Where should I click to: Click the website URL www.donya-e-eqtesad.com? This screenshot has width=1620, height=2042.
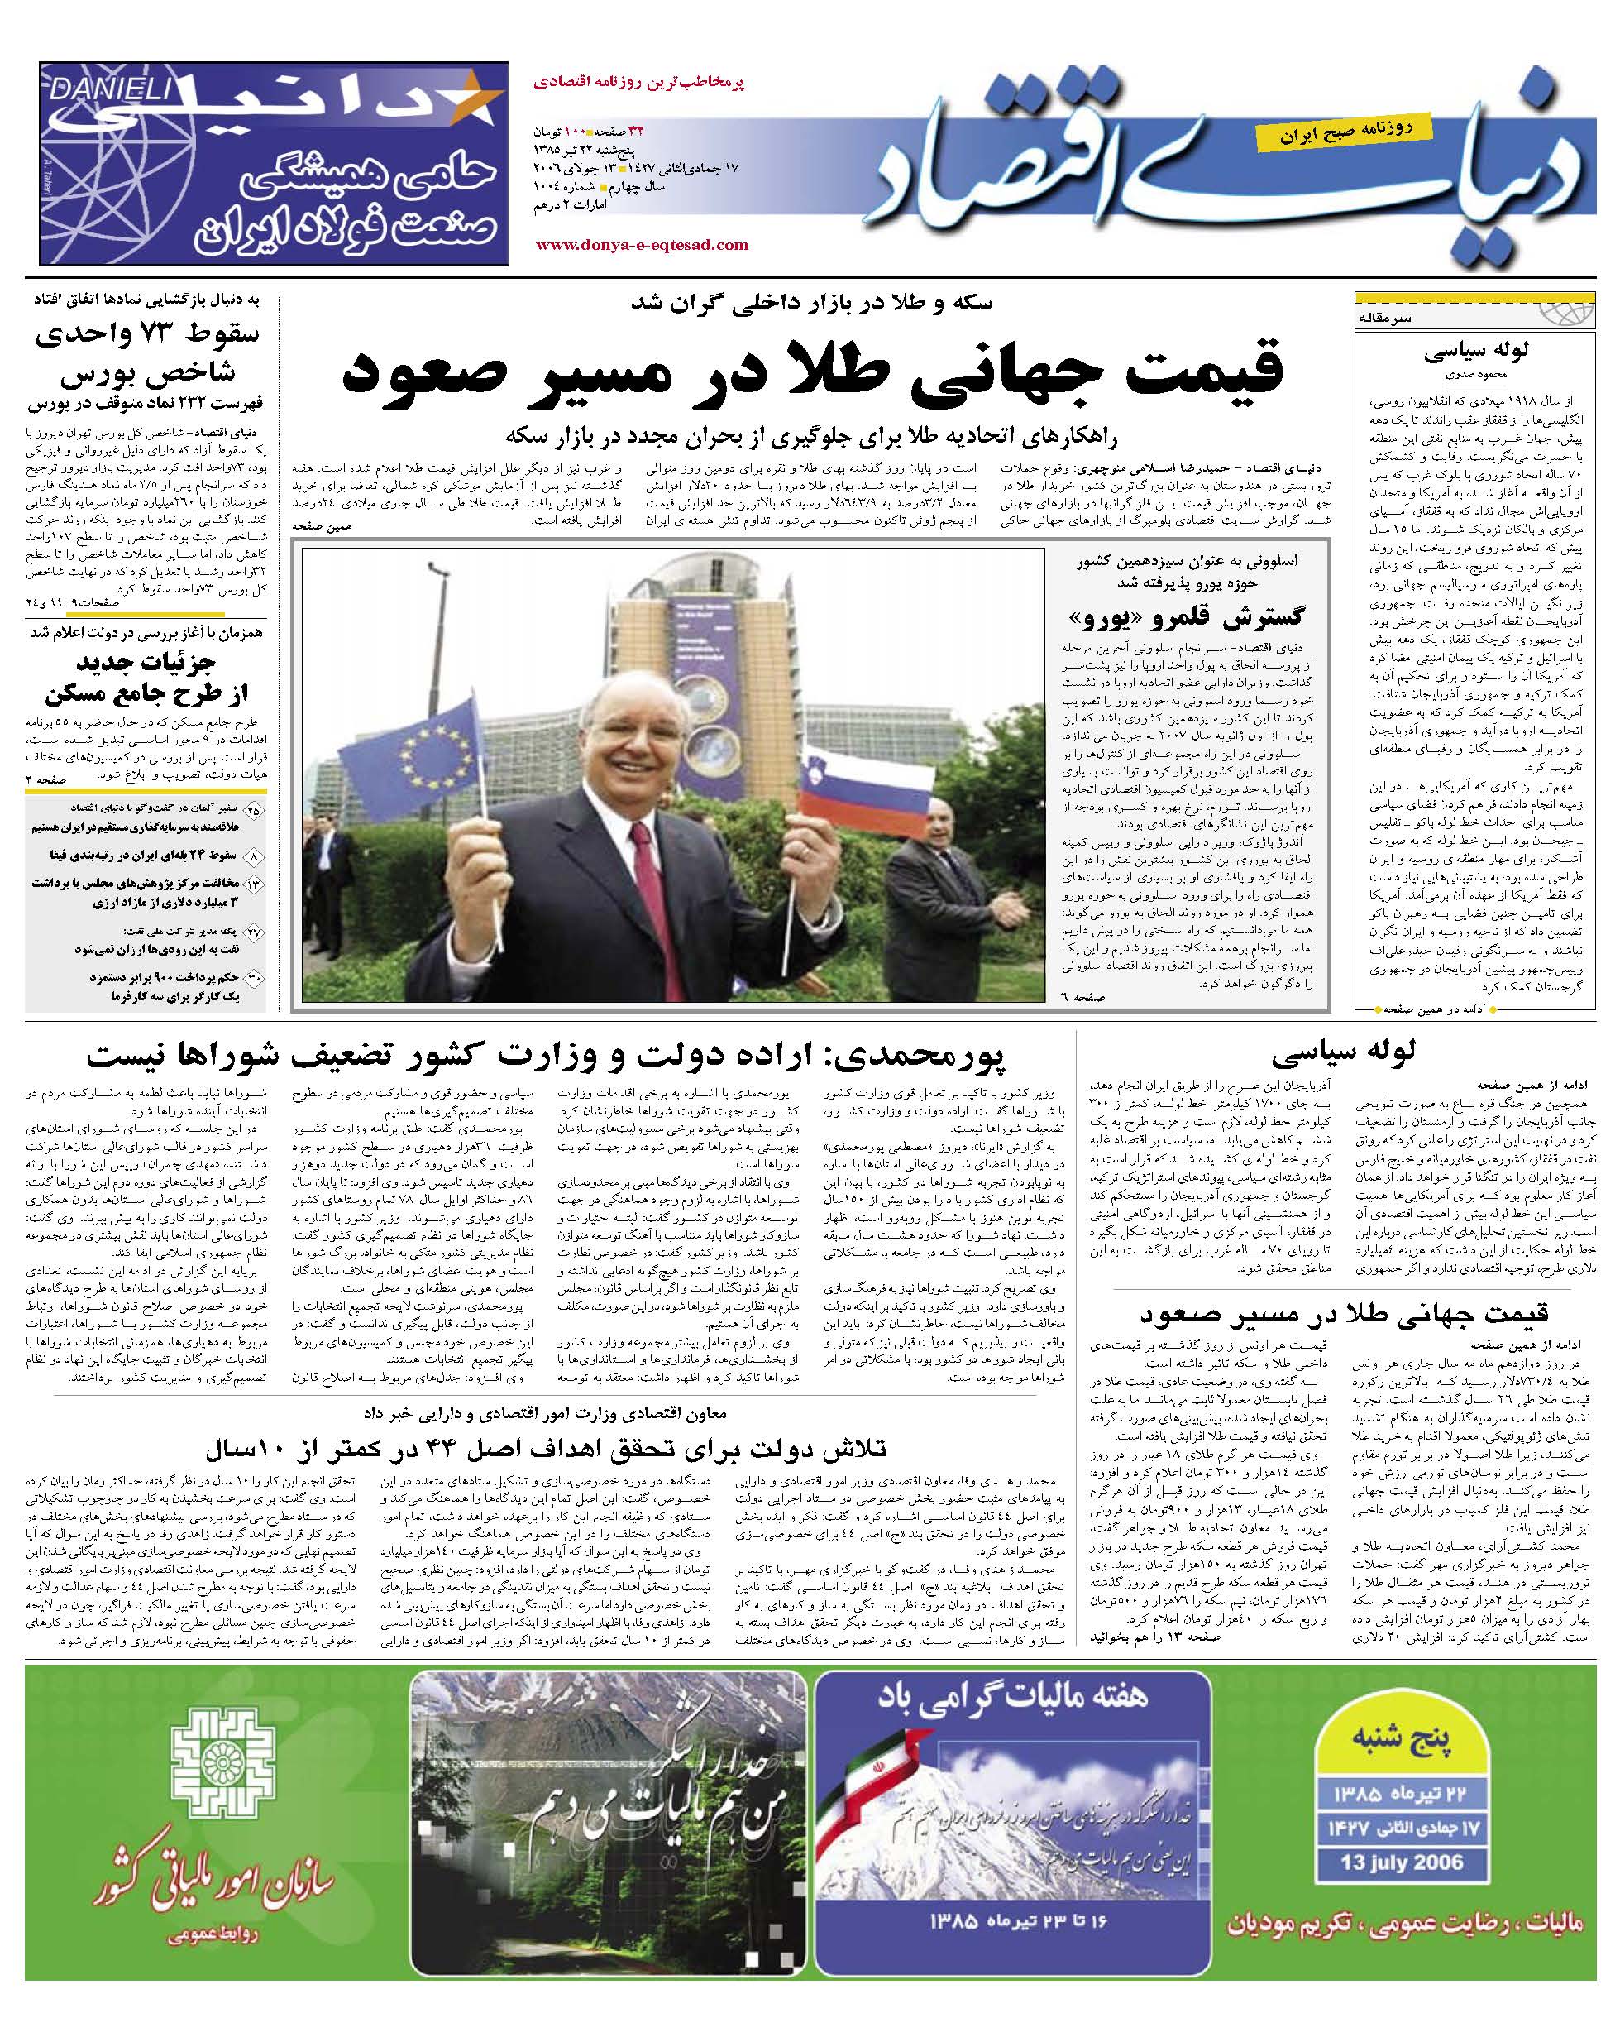click(642, 245)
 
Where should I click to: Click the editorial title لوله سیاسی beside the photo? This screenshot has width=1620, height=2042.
click(1475, 352)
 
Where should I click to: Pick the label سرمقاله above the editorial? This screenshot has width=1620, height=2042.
click(1384, 319)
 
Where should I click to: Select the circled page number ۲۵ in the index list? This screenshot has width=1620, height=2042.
click(254, 811)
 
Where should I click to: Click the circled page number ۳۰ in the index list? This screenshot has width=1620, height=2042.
click(254, 978)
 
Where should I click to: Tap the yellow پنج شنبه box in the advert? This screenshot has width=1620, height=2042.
click(1399, 1740)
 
